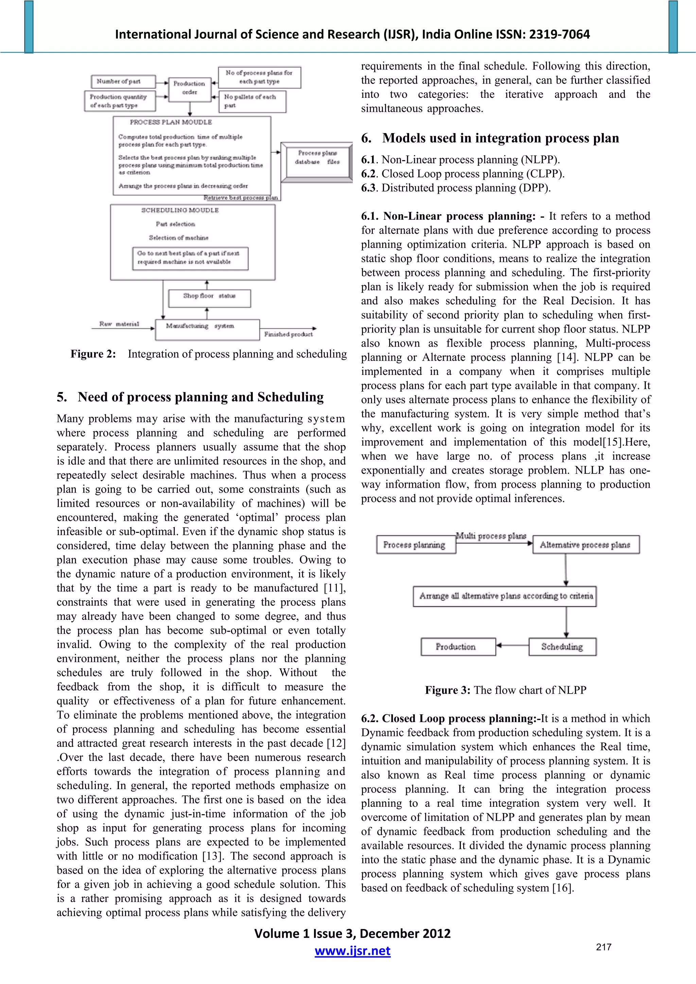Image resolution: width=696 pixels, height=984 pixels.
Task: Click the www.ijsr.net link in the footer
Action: (352, 951)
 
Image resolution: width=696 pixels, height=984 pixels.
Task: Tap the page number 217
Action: (603, 947)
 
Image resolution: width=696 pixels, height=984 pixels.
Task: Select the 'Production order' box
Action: (189, 88)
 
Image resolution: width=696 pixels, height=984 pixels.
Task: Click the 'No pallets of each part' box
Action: (252, 101)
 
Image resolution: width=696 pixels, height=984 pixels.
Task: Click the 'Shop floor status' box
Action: (209, 298)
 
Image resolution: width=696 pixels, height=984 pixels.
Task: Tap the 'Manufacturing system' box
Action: (207, 329)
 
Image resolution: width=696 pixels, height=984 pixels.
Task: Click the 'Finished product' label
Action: (288, 334)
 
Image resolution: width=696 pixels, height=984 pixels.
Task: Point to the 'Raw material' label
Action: (119, 324)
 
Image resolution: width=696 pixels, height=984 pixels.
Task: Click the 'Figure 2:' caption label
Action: (93, 354)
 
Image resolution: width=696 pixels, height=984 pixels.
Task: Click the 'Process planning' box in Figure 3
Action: (415, 545)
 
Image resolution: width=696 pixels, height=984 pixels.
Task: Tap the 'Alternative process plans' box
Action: (585, 545)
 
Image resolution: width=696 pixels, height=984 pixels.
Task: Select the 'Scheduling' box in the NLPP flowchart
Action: (562, 647)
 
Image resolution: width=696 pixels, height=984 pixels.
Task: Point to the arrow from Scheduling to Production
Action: (512, 645)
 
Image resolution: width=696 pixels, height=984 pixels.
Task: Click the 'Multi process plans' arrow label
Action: (491, 536)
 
